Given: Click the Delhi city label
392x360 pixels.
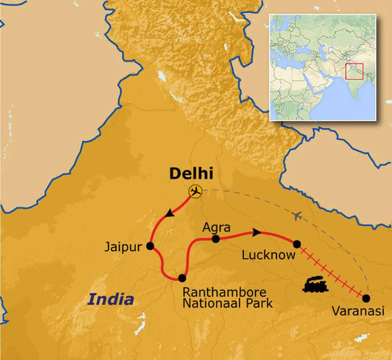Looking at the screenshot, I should (191, 174).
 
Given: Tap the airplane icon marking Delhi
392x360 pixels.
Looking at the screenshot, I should (196, 191).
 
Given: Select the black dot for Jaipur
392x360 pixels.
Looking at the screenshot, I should (150, 246).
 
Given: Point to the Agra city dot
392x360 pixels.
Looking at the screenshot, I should (216, 239).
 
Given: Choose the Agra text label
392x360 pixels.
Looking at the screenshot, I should (216, 228).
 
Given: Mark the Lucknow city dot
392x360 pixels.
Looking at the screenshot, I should (297, 243).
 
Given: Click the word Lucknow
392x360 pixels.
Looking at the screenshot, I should (268, 255).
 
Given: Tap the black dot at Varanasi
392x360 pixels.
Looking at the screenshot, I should (366, 298).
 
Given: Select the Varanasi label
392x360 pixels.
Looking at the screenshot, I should (358, 311).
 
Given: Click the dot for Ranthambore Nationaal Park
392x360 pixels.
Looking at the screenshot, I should (182, 278).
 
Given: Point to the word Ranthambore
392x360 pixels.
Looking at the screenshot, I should (224, 293).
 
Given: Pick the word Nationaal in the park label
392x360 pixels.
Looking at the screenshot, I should (212, 303).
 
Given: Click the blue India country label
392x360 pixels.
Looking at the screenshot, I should (111, 299).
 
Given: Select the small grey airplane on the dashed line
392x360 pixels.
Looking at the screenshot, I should (299, 217).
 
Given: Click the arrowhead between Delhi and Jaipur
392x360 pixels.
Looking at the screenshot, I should (169, 214).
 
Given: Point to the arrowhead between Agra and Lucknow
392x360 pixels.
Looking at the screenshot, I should (257, 232).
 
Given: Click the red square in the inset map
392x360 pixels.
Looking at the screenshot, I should (354, 71).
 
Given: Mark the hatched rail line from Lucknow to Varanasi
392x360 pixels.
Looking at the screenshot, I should (332, 271).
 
